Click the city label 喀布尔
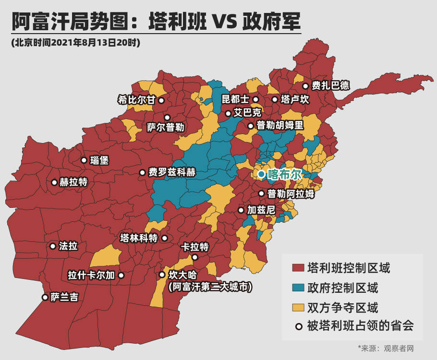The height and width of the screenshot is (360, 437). click(284, 174)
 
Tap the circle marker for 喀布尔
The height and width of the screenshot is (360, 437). click(261, 174)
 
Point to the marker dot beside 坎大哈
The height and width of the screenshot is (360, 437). click(162, 275)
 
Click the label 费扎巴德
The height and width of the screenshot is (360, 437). click(330, 86)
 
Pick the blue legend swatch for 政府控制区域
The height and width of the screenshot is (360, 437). click(298, 288)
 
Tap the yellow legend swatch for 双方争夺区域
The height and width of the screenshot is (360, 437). click(298, 307)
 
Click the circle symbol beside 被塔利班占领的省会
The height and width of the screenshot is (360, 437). click(299, 326)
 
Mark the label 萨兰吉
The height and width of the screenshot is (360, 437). click(64, 297)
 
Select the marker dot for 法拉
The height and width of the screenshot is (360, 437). click(53, 246)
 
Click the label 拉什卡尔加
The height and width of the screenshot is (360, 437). click(91, 276)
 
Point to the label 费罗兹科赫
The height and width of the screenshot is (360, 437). click(172, 172)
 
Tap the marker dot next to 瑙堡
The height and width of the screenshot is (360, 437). click(84, 160)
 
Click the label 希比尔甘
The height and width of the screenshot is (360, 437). click(137, 100)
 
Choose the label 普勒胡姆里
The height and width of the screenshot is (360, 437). click(280, 126)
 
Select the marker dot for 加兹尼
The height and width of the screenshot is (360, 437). click(241, 210)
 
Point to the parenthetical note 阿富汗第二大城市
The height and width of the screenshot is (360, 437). click(210, 287)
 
